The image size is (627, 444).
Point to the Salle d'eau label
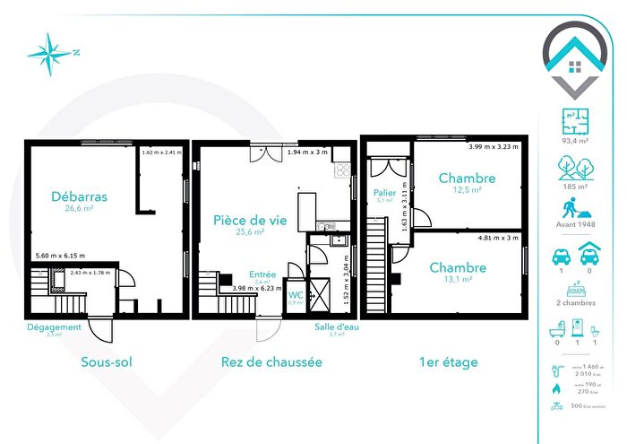[337, 326]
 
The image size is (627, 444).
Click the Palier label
[384, 193]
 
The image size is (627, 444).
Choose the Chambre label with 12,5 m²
[467, 178]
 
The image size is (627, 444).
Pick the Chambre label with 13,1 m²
[458, 267]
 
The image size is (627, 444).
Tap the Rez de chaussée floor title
[271, 362]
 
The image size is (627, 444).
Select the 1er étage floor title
[447, 362]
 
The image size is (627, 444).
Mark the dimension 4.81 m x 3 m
[497, 238]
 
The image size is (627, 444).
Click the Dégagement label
[54, 327]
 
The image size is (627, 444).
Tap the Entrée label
[262, 274]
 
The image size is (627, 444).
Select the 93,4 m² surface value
[575, 139]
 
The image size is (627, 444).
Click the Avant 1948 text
[575, 225]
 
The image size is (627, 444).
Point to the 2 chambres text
[575, 302]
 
